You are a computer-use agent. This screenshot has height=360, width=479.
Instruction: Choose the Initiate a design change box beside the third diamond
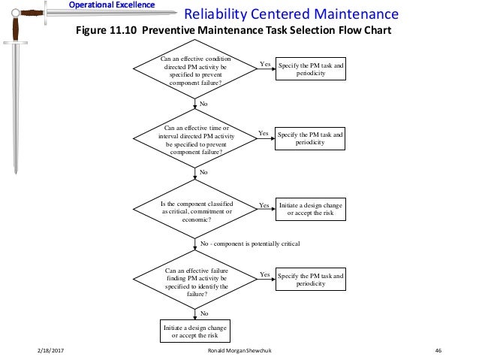coord(311,208)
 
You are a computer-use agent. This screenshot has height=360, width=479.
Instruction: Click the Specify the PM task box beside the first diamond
coord(311,70)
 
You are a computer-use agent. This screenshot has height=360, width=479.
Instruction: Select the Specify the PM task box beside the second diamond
coord(311,139)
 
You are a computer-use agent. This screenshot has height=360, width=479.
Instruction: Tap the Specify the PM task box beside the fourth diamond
coord(311,280)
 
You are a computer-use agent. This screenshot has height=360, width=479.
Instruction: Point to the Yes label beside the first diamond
coord(265,65)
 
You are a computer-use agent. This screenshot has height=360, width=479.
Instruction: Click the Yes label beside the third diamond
coord(264,204)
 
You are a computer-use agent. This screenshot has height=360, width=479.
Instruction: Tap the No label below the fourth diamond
coord(204,312)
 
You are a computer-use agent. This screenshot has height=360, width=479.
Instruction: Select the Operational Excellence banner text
coord(112,5)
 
